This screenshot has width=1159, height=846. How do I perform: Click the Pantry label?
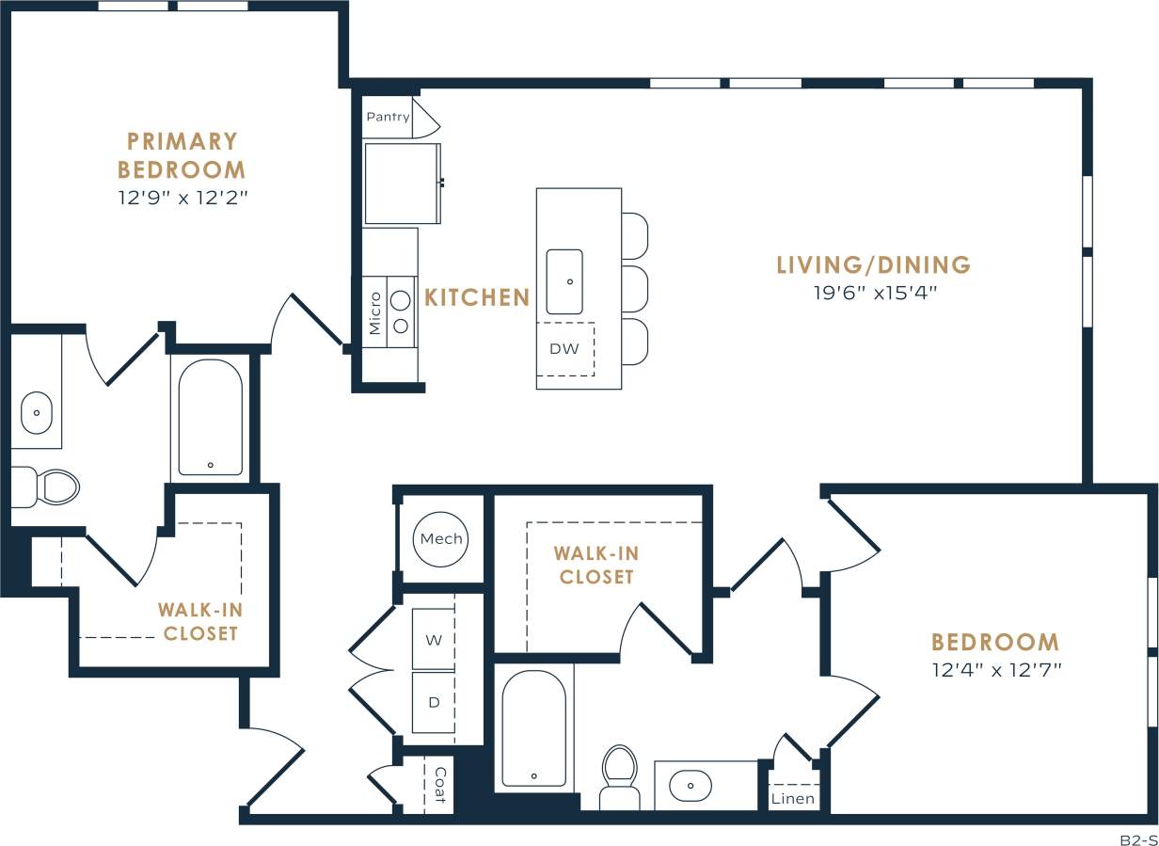tap(388, 117)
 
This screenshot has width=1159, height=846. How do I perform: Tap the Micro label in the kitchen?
tap(375, 313)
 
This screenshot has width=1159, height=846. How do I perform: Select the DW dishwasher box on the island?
tap(564, 349)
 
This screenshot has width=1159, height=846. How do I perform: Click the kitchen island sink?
tap(564, 281)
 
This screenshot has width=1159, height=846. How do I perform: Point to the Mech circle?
tap(441, 539)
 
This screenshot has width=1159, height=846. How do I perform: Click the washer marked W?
tap(434, 640)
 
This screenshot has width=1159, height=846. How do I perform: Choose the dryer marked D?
tap(434, 702)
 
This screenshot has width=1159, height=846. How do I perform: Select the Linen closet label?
tap(793, 799)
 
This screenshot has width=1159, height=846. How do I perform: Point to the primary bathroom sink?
tap(37, 413)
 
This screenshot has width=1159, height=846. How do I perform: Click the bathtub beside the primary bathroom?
tap(210, 416)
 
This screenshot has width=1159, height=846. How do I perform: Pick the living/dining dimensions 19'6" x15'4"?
tap(875, 293)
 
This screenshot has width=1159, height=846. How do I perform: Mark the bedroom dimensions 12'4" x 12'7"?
tap(995, 670)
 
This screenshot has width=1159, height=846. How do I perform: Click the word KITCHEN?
tap(477, 297)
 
